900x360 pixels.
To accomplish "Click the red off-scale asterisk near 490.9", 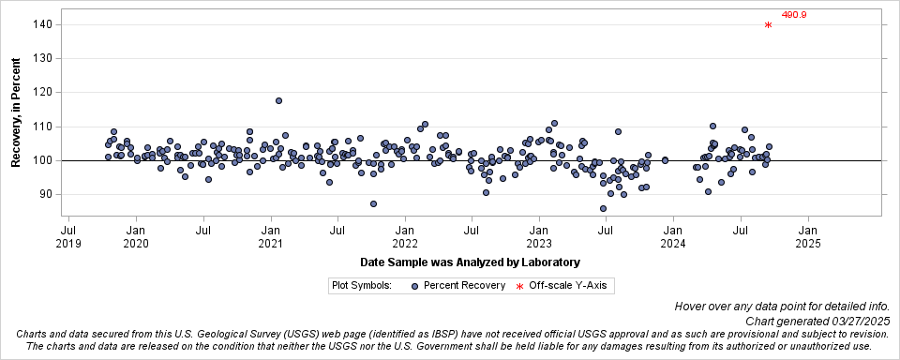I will (769, 25).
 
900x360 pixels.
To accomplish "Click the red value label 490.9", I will (794, 15).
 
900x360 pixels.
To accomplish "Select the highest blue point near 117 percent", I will (278, 100).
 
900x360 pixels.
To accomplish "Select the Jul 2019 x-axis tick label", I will (68, 235).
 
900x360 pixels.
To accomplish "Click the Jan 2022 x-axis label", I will (405, 235).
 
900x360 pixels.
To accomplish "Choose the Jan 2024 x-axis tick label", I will (673, 235).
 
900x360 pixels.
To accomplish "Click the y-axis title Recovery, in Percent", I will (16, 110).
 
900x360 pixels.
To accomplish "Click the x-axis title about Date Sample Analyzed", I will (470, 262).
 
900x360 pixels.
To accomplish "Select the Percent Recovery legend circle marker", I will (414, 285).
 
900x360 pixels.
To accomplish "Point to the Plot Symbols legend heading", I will (361, 285).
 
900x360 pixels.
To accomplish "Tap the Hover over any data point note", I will (786, 307).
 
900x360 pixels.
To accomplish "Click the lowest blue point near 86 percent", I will (603, 208).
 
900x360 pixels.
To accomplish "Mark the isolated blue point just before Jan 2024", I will (665, 160).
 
